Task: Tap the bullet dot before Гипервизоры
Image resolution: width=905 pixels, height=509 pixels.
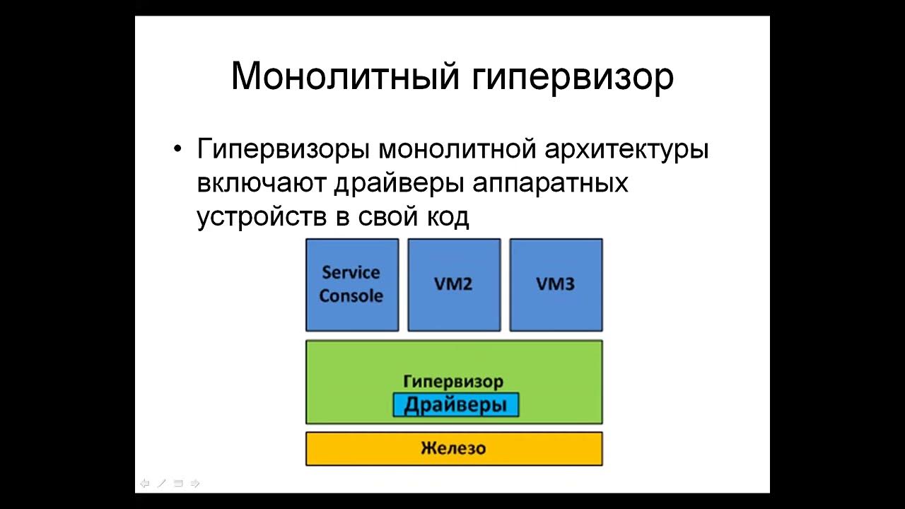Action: pyautogui.click(x=177, y=151)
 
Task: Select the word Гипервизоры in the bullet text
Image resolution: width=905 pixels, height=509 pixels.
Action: pyautogui.click(x=283, y=150)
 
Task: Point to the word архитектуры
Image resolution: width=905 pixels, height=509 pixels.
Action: pyautogui.click(x=626, y=150)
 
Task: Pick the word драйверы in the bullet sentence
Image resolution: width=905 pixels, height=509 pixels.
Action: pyautogui.click(x=399, y=183)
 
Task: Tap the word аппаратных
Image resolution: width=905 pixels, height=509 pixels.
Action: pyautogui.click(x=550, y=183)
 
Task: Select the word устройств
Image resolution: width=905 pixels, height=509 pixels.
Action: pyautogui.click(x=262, y=216)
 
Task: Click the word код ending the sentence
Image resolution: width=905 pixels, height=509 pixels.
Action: pyautogui.click(x=446, y=216)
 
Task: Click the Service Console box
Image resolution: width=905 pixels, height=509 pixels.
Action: pyautogui.click(x=351, y=284)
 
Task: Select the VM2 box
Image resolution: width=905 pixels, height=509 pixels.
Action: pyautogui.click(x=453, y=284)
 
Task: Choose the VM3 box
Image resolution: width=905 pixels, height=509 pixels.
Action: pyautogui.click(x=556, y=284)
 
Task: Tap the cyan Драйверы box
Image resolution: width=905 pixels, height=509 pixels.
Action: pyautogui.click(x=455, y=405)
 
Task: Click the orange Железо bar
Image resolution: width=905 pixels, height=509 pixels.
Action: pyautogui.click(x=453, y=448)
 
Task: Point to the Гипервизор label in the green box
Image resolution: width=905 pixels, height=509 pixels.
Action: pyautogui.click(x=453, y=382)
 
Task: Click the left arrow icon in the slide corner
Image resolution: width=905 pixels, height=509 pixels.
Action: pyautogui.click(x=145, y=484)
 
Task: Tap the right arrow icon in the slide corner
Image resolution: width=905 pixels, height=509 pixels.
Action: pyautogui.click(x=195, y=484)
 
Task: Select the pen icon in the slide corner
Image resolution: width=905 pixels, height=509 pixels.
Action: pyautogui.click(x=161, y=484)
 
